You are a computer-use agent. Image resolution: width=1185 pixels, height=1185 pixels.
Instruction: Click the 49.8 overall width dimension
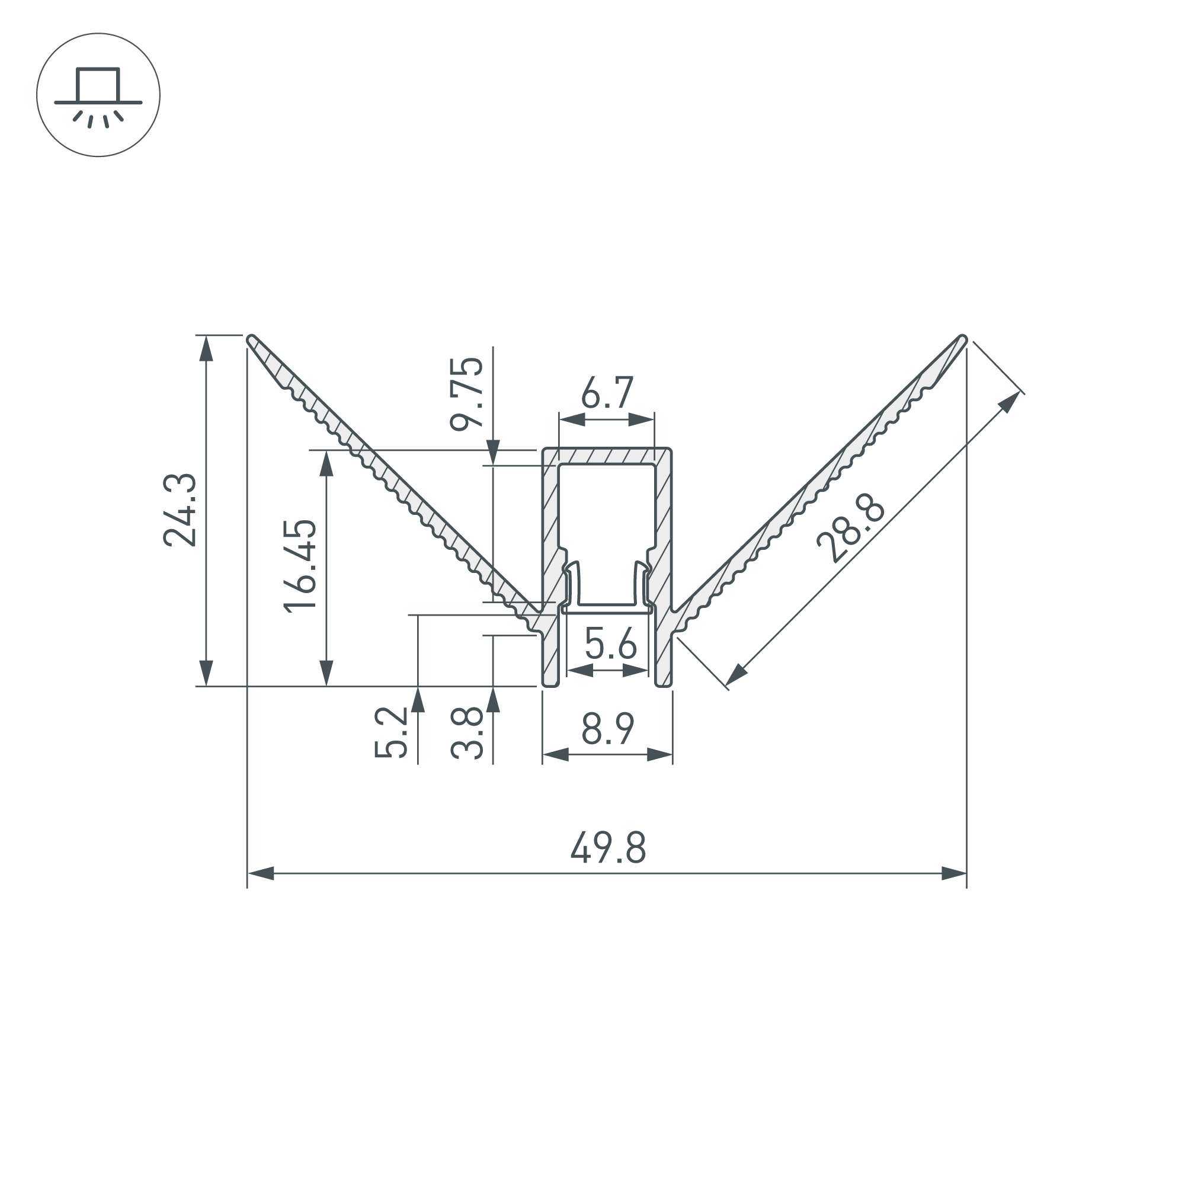click(608, 848)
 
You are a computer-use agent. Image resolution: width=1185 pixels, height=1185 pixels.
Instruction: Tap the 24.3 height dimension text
click(180, 510)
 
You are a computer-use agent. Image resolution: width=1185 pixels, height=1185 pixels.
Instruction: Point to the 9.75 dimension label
click(467, 393)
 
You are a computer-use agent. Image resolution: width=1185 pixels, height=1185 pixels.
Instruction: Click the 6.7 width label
click(607, 393)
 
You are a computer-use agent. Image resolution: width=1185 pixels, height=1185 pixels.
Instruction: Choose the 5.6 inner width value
click(610, 643)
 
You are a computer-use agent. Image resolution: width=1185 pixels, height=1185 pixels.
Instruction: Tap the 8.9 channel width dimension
click(607, 729)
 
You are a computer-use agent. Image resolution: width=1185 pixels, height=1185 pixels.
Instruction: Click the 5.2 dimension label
click(390, 732)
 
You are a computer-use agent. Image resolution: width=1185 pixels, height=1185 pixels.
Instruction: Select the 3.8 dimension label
click(467, 732)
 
